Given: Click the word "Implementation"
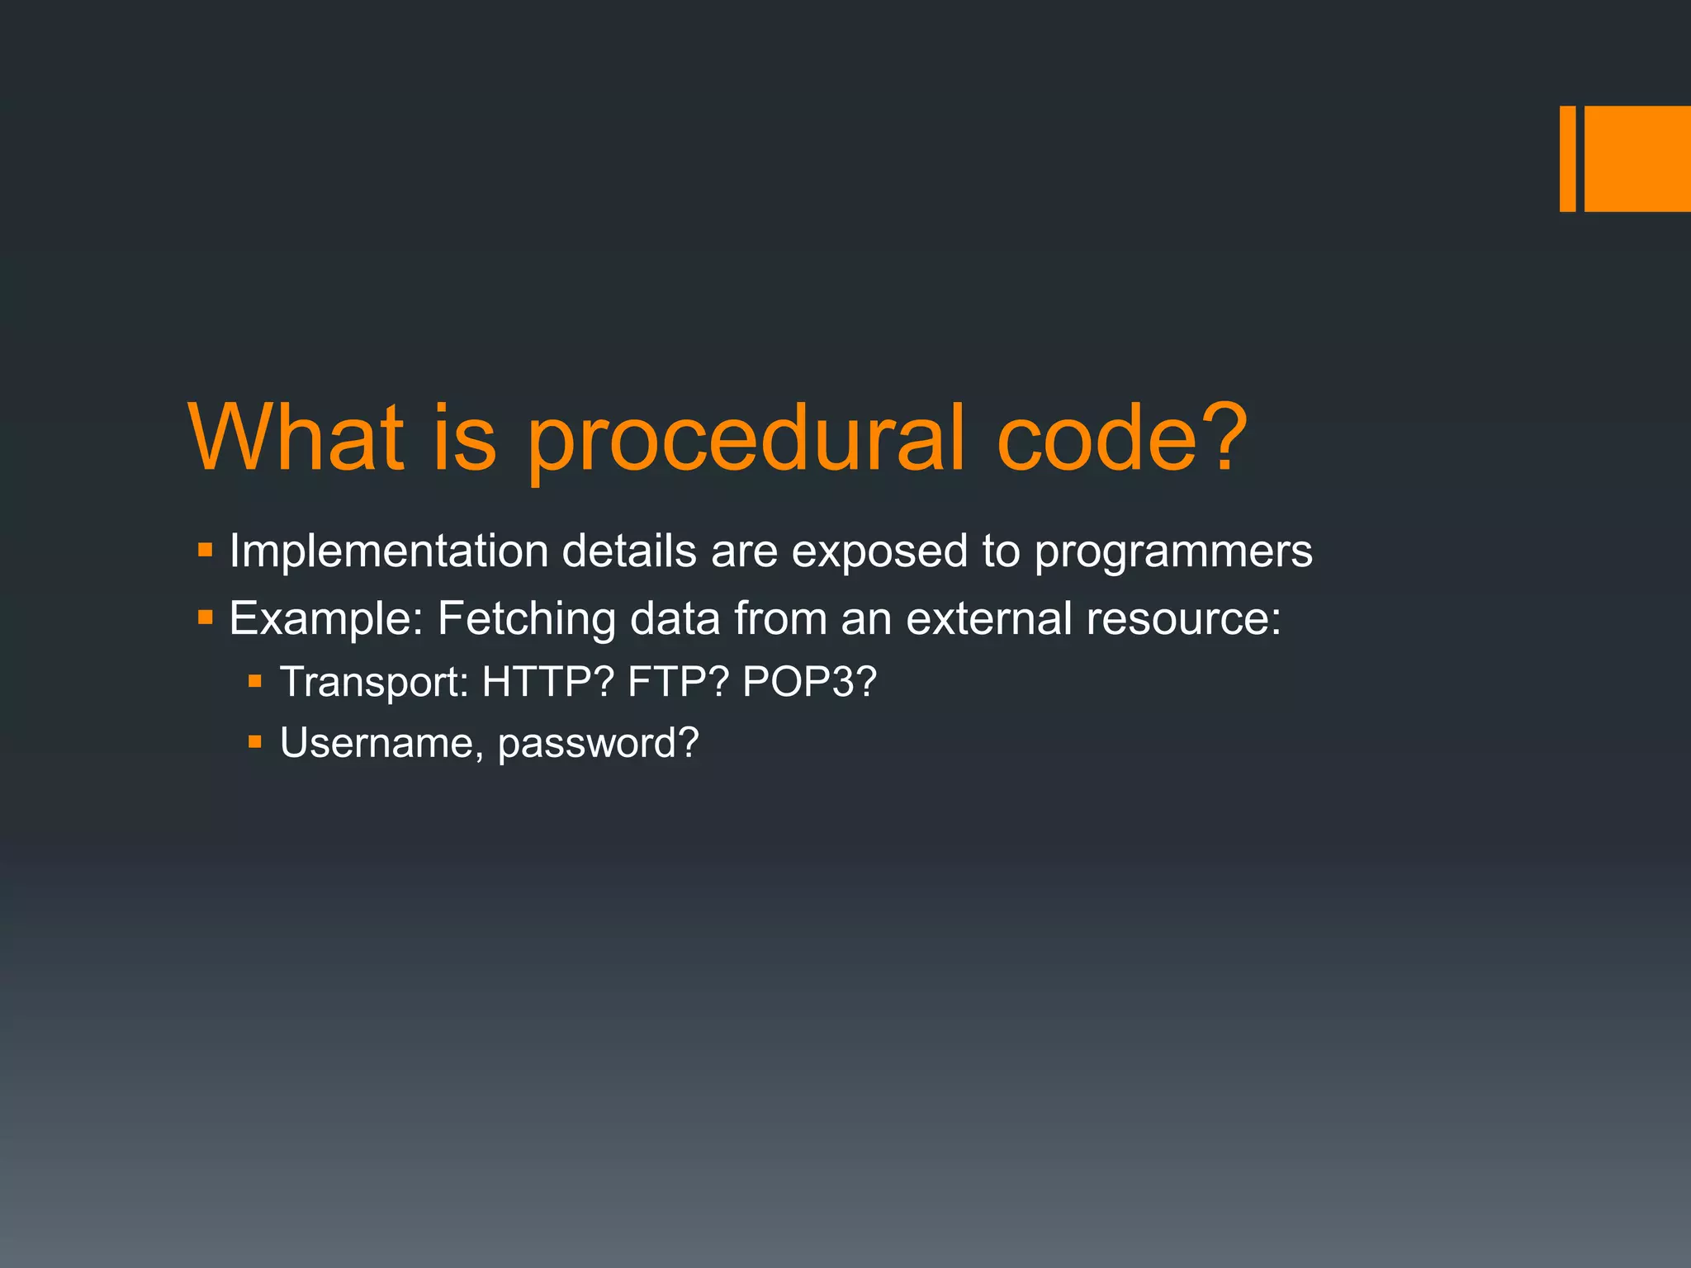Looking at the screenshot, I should [389, 551].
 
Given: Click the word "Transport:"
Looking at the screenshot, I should [375, 683].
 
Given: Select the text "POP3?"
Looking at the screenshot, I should [809, 683].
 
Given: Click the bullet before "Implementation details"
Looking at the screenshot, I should [206, 549].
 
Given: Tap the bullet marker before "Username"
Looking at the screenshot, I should [255, 742].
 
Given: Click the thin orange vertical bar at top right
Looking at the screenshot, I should [1567, 158].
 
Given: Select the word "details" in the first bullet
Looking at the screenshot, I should [629, 551].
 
